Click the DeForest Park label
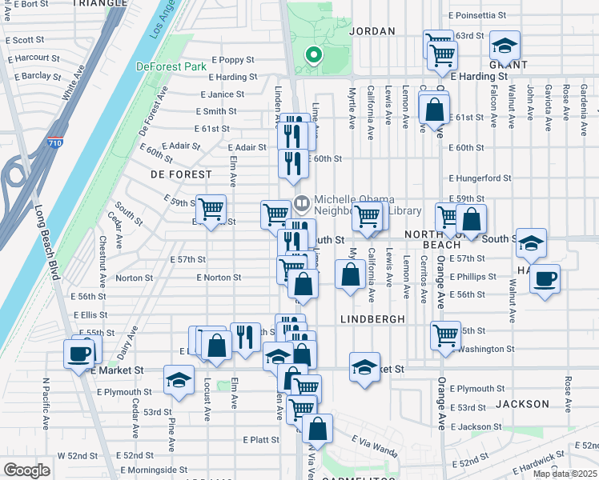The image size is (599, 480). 172,67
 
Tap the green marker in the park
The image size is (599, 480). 314,55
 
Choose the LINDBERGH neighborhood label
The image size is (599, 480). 372,318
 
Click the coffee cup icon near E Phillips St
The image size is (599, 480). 545,279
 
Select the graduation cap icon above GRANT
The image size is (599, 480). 505,45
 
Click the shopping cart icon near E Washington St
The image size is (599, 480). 445,336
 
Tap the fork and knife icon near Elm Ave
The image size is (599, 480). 245,338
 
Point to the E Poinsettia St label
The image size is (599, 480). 477,15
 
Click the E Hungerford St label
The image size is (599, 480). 480,178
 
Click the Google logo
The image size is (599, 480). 26,470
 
